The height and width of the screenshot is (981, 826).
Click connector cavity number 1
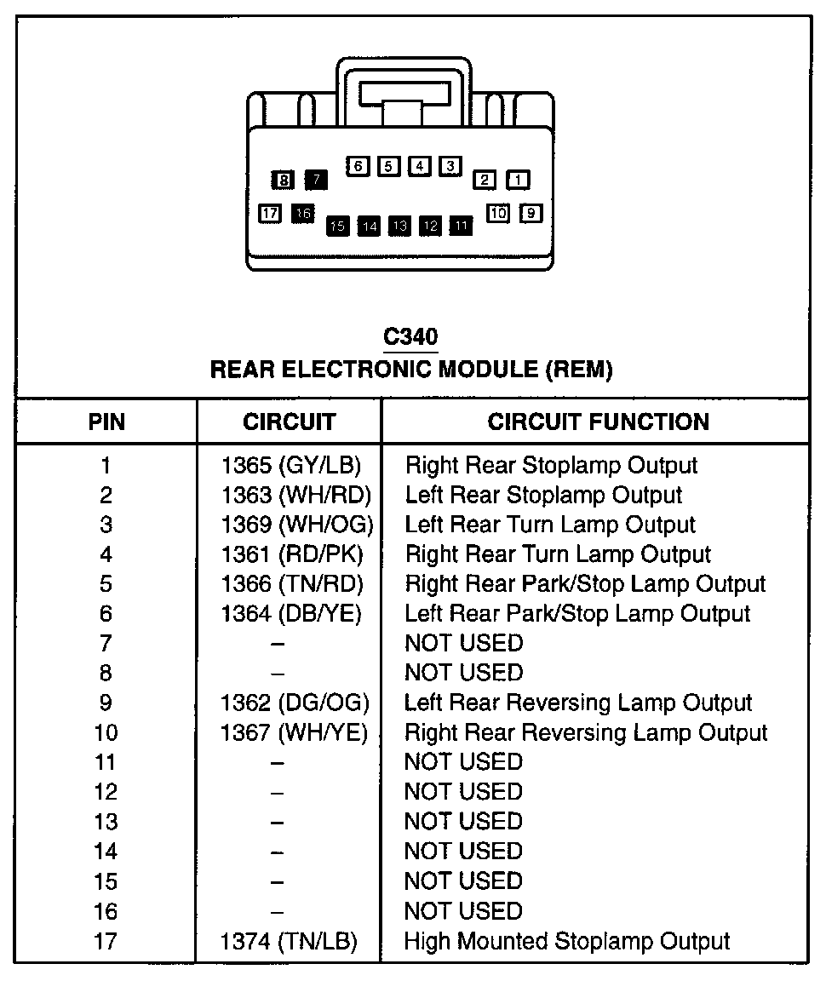point(518,180)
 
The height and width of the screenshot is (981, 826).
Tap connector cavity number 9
point(531,213)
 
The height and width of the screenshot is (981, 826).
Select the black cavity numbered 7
point(316,179)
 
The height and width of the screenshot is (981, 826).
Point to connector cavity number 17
point(270,213)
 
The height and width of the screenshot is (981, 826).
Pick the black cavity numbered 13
point(399,226)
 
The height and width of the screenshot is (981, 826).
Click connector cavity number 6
point(358,166)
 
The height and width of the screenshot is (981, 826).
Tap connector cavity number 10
point(498,213)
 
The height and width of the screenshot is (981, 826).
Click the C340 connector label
point(411,337)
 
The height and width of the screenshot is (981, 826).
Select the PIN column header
point(106,422)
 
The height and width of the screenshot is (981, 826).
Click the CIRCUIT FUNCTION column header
point(598,422)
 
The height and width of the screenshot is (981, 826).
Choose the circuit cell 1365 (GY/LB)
point(290,466)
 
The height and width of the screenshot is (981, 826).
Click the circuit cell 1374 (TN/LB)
point(289,941)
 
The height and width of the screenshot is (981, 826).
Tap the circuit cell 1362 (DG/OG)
point(295,703)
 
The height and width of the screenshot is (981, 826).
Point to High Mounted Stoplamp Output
point(567,941)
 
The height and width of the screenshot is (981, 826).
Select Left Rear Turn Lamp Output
point(550,525)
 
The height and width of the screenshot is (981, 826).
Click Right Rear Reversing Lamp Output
point(586,732)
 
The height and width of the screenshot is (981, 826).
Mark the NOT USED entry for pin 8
point(463,673)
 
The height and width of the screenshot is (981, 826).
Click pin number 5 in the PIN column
point(106,584)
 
